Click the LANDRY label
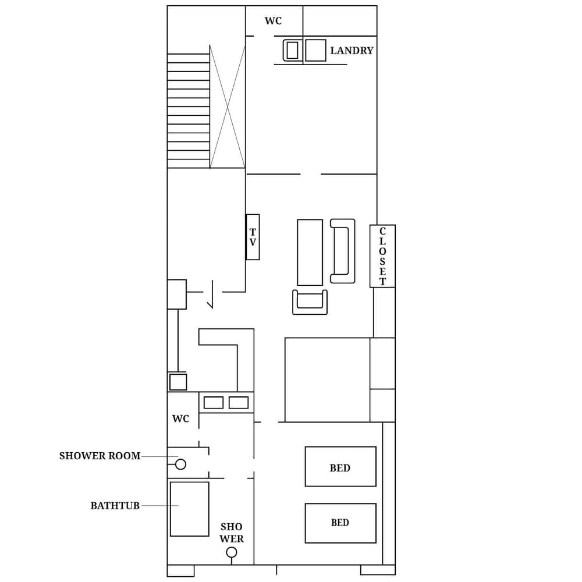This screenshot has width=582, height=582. point(352,51)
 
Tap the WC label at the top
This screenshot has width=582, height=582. point(273,22)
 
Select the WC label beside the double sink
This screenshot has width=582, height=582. point(180,419)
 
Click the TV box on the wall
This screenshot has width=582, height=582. point(253,237)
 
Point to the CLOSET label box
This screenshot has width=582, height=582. point(382,256)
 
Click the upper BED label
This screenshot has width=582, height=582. point(340,467)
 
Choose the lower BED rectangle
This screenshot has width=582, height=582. point(340,523)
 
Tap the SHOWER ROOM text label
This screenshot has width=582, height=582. point(100,456)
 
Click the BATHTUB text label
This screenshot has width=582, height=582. point(115,506)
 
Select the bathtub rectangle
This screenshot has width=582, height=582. point(189,509)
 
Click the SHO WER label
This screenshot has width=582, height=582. point(231,533)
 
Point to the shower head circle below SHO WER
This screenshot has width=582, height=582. point(232,552)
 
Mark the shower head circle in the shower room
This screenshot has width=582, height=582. point(180,464)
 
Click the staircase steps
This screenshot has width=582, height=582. point(188,111)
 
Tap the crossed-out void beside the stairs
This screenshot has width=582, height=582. point(228,107)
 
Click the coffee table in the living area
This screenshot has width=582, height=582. point(310,252)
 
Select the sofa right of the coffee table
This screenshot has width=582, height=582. point(343,251)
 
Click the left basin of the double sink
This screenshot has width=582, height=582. point(214,402)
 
